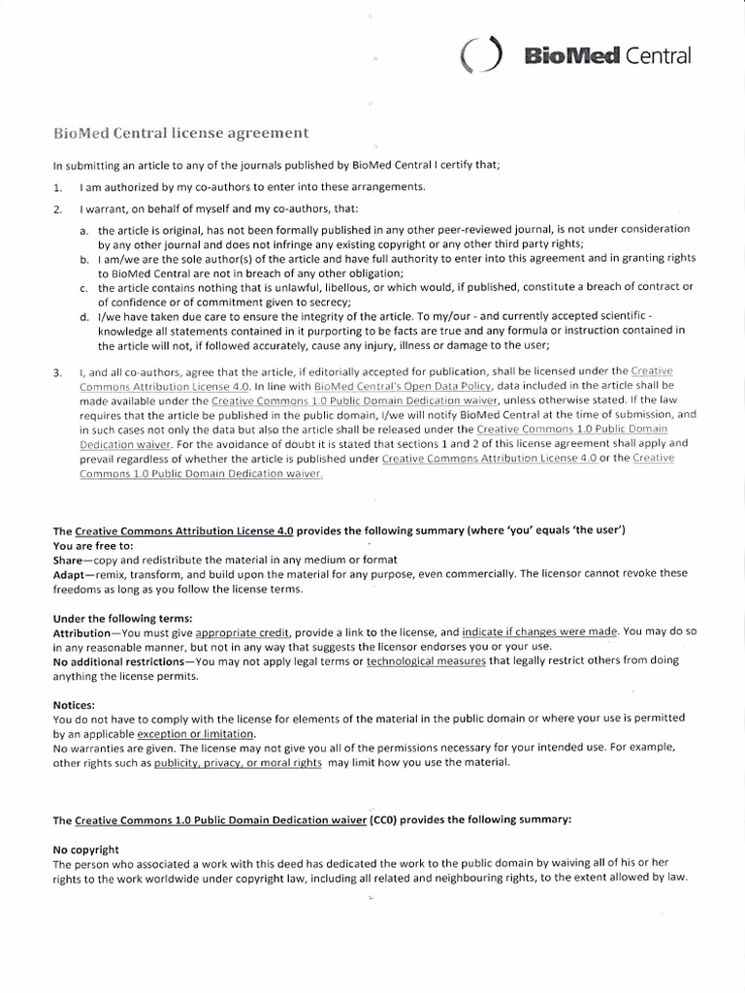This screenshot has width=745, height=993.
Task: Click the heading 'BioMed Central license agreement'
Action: [x=180, y=132]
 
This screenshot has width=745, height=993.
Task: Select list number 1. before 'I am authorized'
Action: [x=59, y=187]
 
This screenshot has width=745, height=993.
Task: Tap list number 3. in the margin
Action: [x=59, y=372]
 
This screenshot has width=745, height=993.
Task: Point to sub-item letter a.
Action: [x=84, y=230]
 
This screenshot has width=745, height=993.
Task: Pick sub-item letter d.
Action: [x=84, y=317]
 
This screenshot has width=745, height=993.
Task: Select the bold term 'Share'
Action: [x=72, y=561]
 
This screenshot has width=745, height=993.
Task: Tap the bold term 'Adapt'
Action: [x=73, y=574]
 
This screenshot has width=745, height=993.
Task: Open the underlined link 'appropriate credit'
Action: [x=243, y=631]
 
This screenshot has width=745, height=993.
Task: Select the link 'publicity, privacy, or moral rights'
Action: [x=239, y=764]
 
